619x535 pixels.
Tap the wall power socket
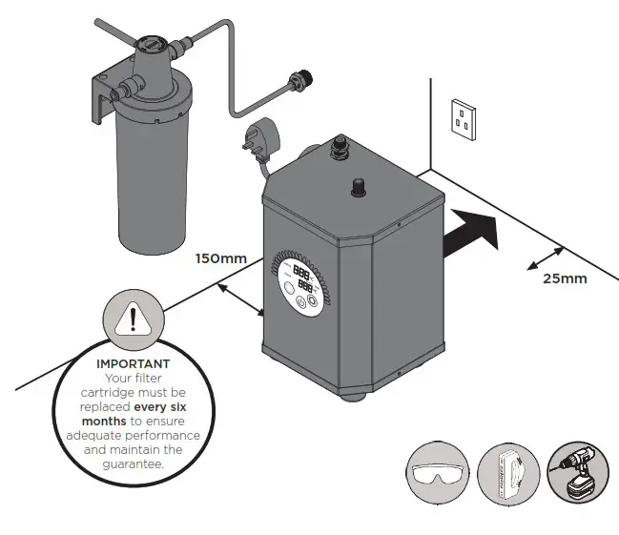pyautogui.click(x=463, y=120)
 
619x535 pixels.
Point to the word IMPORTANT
pyautogui.click(x=134, y=363)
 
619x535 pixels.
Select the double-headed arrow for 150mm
pyautogui.click(x=242, y=298)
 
